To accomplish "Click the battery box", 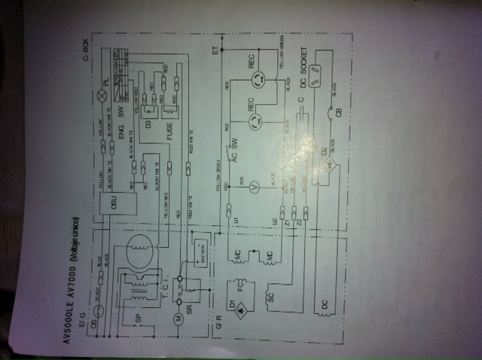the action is point(201,249).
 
